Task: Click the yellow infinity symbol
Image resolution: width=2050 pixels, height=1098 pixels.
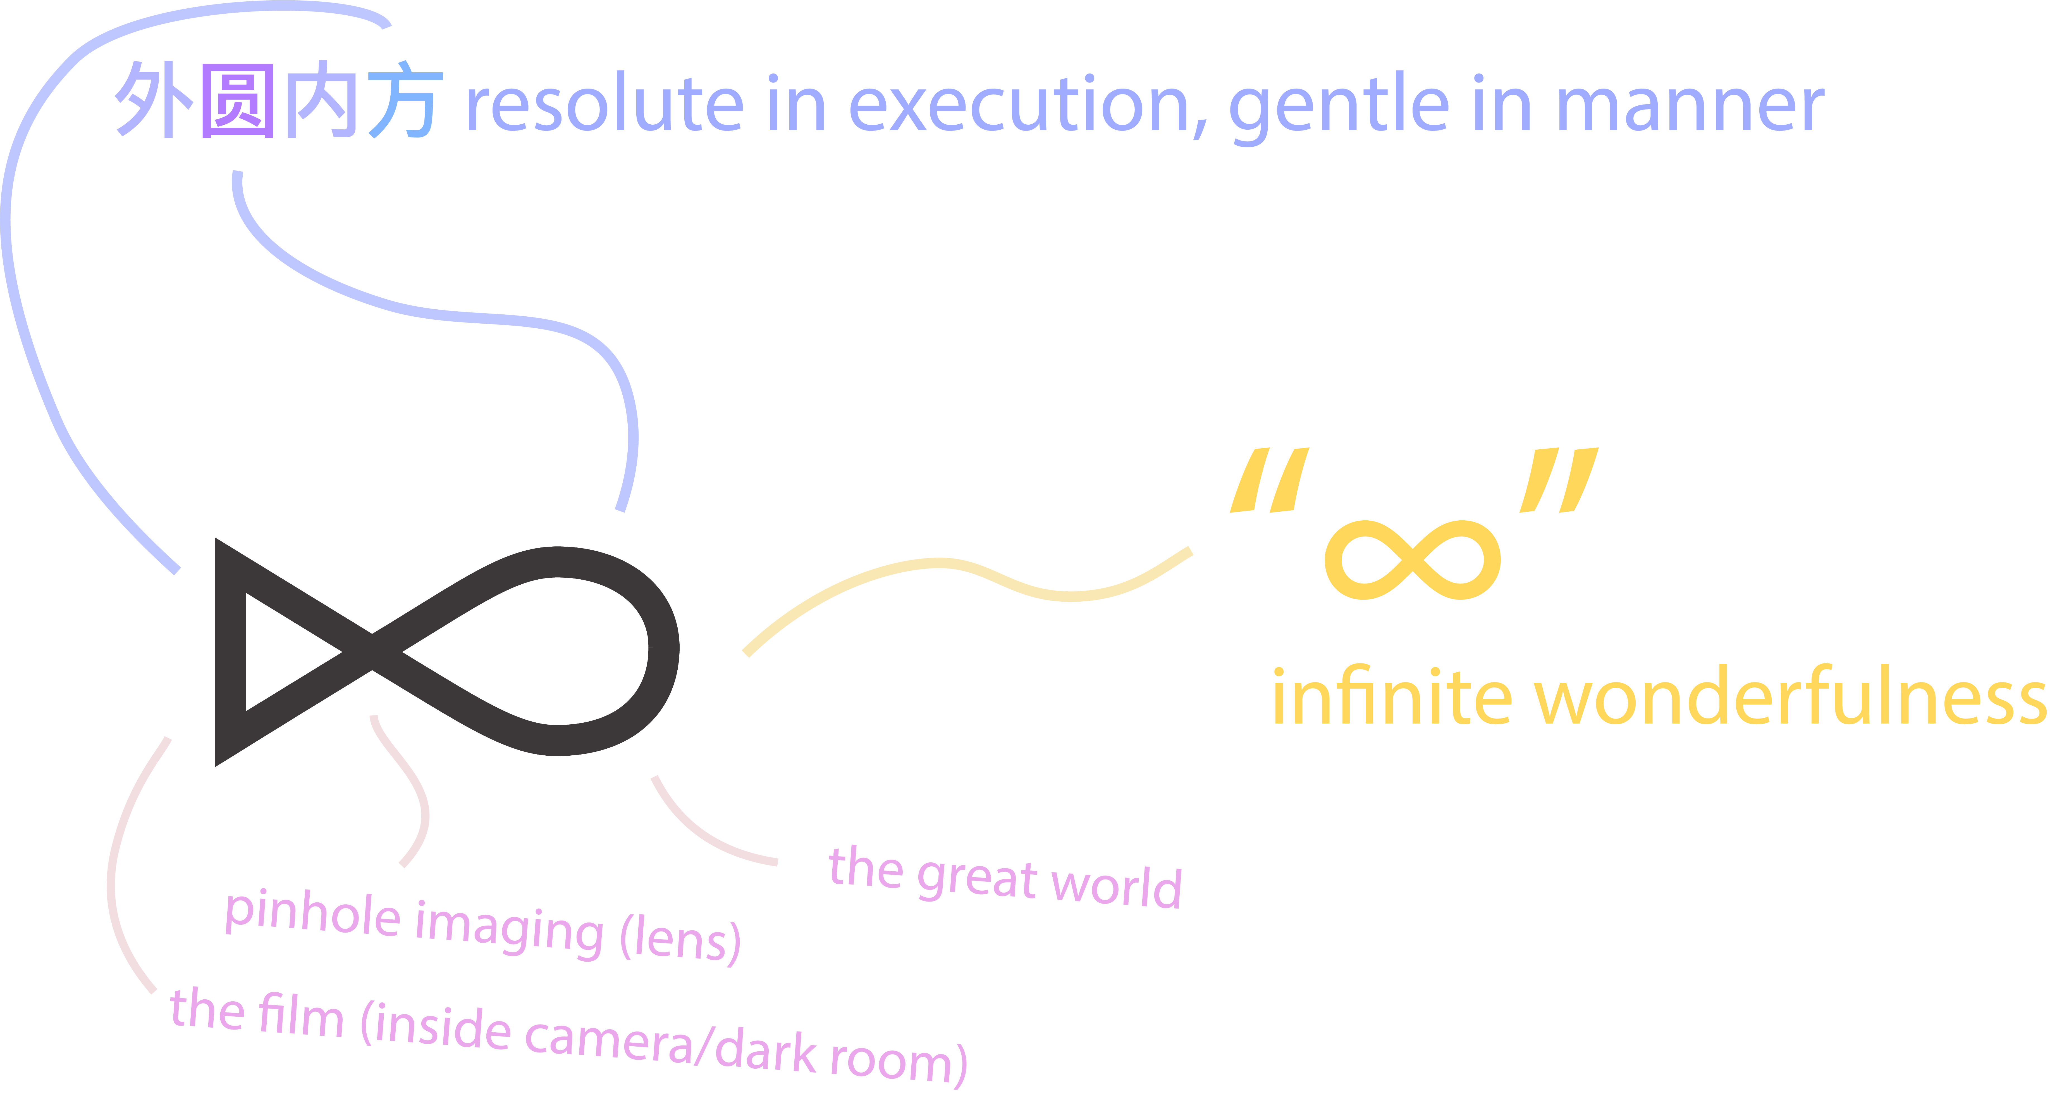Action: (1413, 560)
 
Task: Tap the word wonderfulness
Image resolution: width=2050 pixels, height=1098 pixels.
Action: (1791, 695)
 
